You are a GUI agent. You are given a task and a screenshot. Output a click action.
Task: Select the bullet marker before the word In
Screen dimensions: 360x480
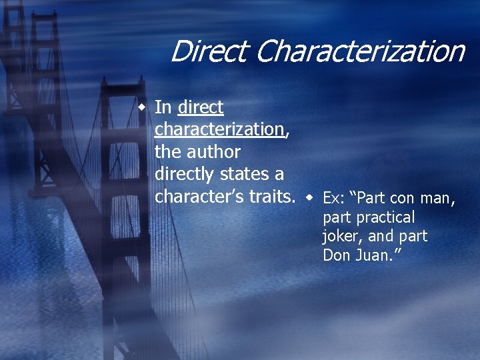coord(142,107)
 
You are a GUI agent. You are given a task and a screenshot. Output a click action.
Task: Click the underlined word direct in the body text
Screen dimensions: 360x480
coord(201,107)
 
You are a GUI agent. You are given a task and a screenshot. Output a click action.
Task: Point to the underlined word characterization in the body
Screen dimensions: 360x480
coord(219,129)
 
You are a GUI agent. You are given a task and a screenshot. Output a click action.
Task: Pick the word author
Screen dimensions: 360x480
coord(213,151)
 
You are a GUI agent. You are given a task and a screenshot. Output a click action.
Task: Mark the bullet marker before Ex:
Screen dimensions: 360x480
coord(311,198)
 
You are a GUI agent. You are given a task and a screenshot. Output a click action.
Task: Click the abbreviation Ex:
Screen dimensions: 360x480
coord(333,199)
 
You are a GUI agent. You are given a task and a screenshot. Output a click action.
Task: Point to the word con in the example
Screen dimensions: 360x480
coord(402,199)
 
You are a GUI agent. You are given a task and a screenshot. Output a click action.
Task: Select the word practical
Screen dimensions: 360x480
coord(385,217)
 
